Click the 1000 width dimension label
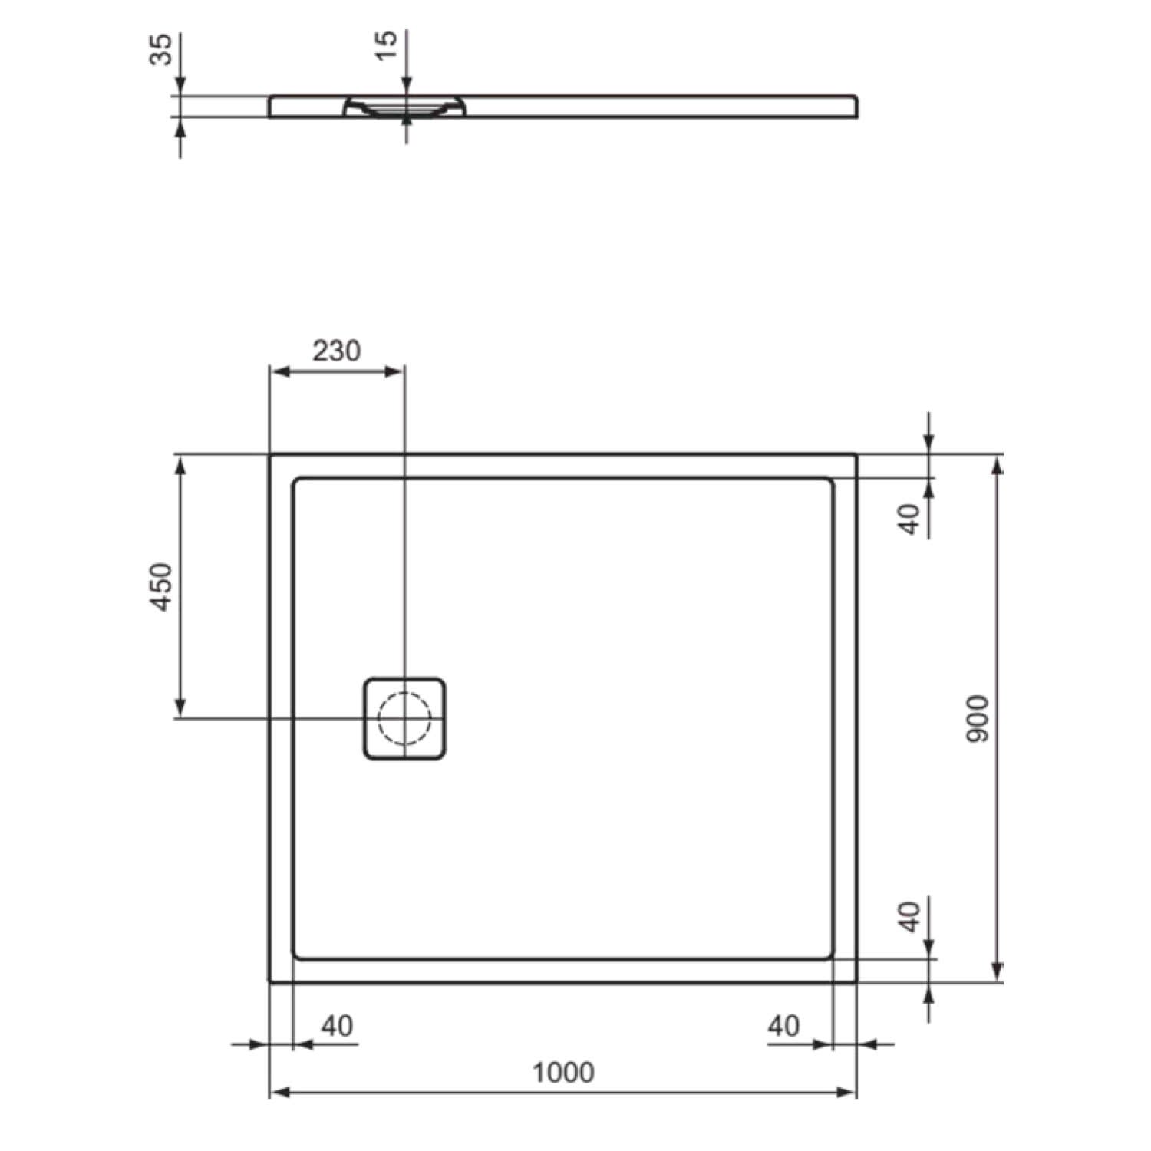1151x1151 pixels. pos(563,1072)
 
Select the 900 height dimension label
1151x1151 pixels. pos(978,719)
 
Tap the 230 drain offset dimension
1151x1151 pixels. pos(336,351)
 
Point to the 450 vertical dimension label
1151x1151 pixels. pos(161,587)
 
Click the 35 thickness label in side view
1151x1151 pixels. pos(161,49)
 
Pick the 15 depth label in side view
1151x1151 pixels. pos(388,45)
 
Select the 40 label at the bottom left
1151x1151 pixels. pos(337,1026)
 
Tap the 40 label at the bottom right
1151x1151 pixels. pos(783,1026)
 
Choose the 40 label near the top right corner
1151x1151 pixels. pos(909,519)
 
